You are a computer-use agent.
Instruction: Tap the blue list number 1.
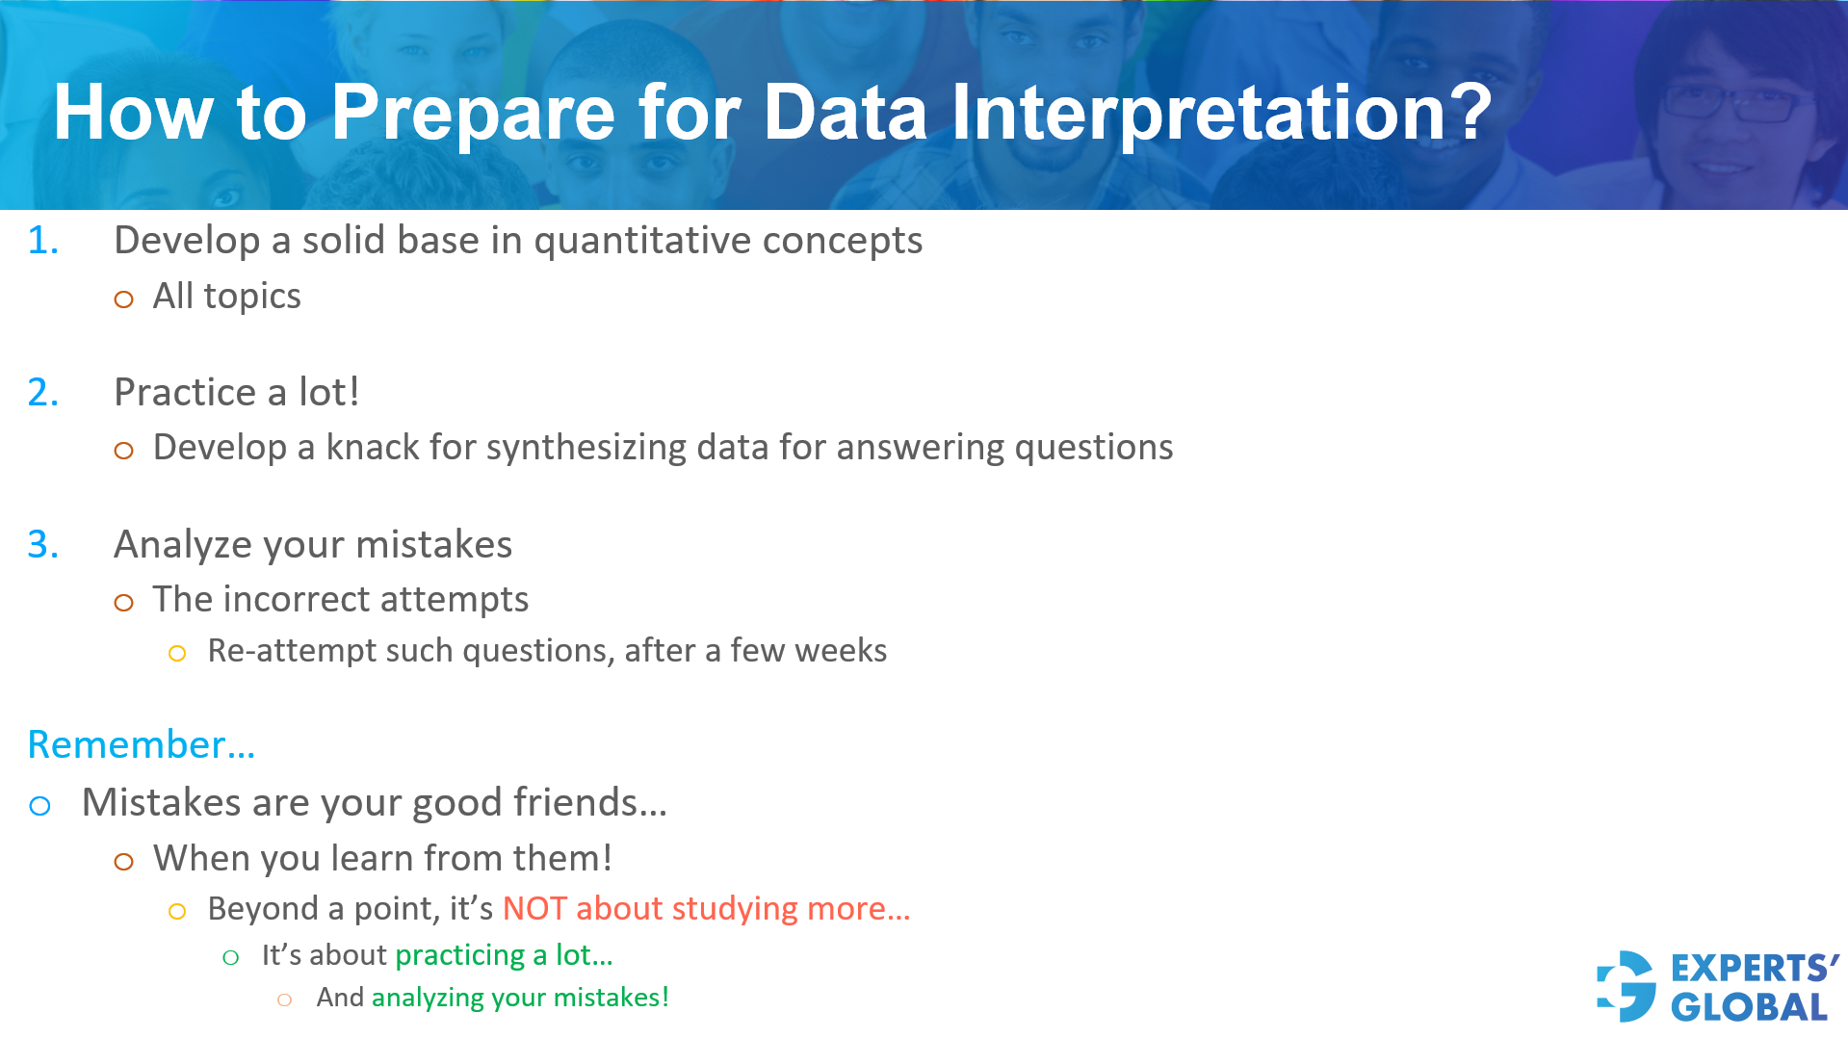click(x=42, y=241)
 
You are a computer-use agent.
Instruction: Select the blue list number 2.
click(x=42, y=393)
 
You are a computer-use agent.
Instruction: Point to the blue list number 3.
click(x=42, y=545)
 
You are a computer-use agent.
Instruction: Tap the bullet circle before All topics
click(x=123, y=299)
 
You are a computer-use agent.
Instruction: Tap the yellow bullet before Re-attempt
click(x=177, y=654)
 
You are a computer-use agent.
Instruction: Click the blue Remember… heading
click(x=141, y=745)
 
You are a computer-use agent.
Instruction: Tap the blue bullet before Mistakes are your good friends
click(x=39, y=806)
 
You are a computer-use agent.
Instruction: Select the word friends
click(x=588, y=803)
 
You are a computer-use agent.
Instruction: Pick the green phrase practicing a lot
click(x=503, y=955)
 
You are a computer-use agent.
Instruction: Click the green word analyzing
click(x=428, y=999)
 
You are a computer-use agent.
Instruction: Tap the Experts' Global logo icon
click(x=1627, y=986)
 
